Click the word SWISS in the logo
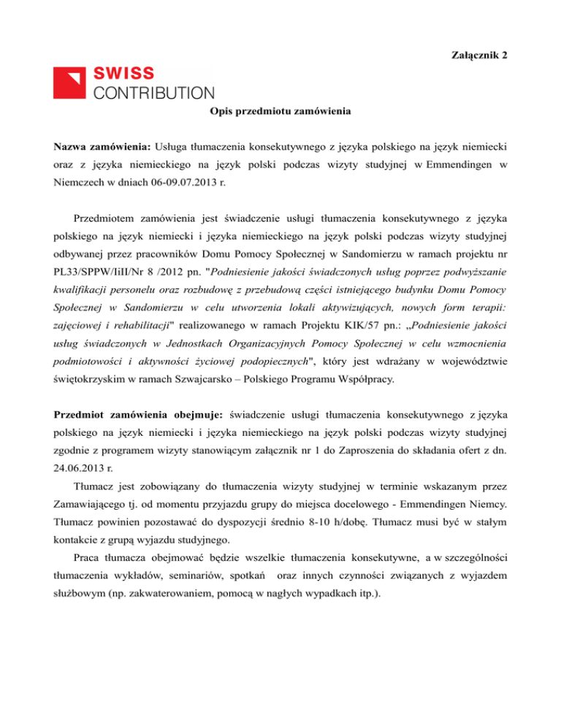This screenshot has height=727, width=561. coord(123,74)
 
